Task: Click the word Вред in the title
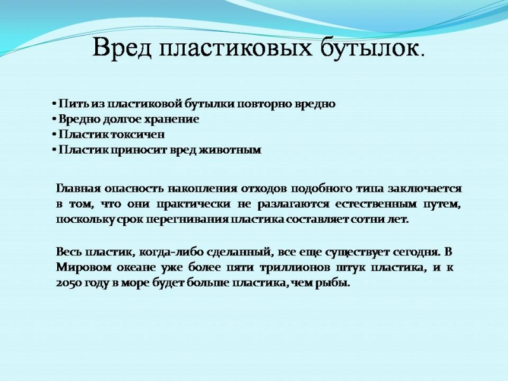[x=122, y=48]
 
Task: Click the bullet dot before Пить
[x=54, y=104]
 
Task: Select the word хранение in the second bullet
[x=171, y=119]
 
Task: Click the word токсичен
[x=138, y=135]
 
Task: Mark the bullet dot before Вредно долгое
[x=54, y=120]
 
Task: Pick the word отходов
[x=264, y=188]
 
